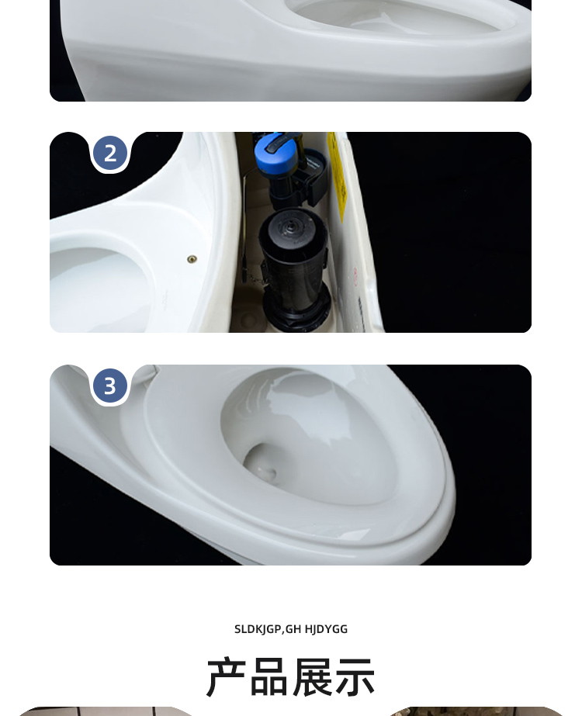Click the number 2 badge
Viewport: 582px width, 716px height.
click(x=110, y=154)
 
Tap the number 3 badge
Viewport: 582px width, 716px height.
click(x=110, y=386)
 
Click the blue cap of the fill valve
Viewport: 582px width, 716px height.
click(x=276, y=152)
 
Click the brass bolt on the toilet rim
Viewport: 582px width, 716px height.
click(x=192, y=259)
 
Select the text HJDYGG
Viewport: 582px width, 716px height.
click(x=326, y=629)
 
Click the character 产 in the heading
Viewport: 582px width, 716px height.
click(x=226, y=677)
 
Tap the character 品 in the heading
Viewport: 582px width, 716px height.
click(x=269, y=677)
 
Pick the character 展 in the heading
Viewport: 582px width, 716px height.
click(x=312, y=677)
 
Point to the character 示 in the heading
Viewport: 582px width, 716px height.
click(x=355, y=677)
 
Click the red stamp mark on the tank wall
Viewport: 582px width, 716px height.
click(x=356, y=276)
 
